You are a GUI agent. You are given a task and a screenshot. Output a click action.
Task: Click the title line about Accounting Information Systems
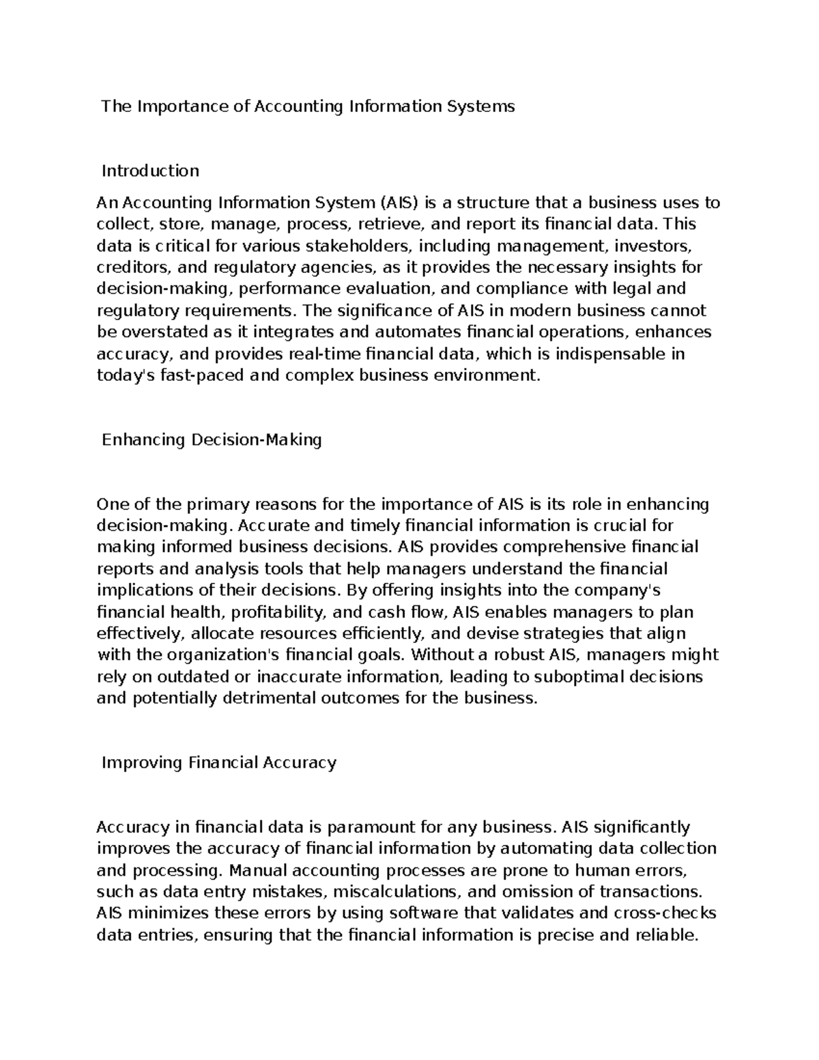point(308,106)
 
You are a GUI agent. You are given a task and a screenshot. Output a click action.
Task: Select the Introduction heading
point(150,171)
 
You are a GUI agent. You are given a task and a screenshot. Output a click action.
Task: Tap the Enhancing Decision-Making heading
point(212,440)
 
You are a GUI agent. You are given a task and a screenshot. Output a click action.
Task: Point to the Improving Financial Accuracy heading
point(219,762)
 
